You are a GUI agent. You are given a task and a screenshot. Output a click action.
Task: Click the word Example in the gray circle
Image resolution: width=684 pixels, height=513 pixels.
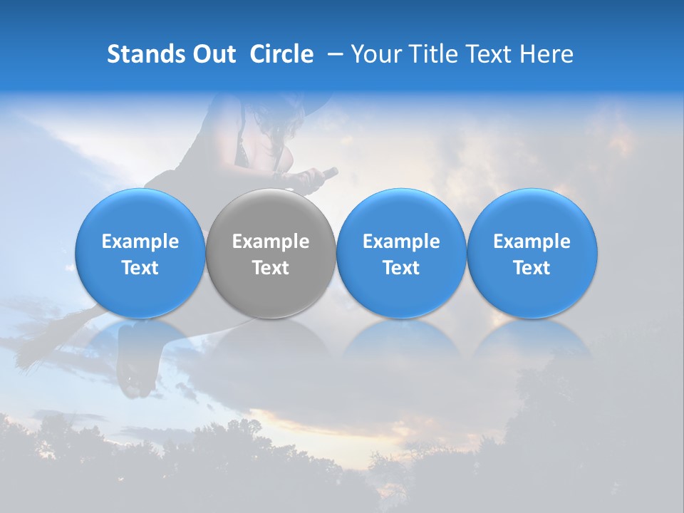click(x=271, y=242)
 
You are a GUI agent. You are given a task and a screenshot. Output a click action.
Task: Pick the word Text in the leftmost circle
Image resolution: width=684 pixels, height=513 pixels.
click(x=140, y=268)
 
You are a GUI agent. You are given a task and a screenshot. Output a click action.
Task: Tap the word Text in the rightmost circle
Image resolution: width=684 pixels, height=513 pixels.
click(x=532, y=268)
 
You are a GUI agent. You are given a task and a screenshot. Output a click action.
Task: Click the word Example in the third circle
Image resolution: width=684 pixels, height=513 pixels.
click(x=401, y=242)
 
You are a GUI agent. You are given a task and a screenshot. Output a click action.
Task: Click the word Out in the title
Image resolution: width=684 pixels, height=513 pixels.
click(x=214, y=54)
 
